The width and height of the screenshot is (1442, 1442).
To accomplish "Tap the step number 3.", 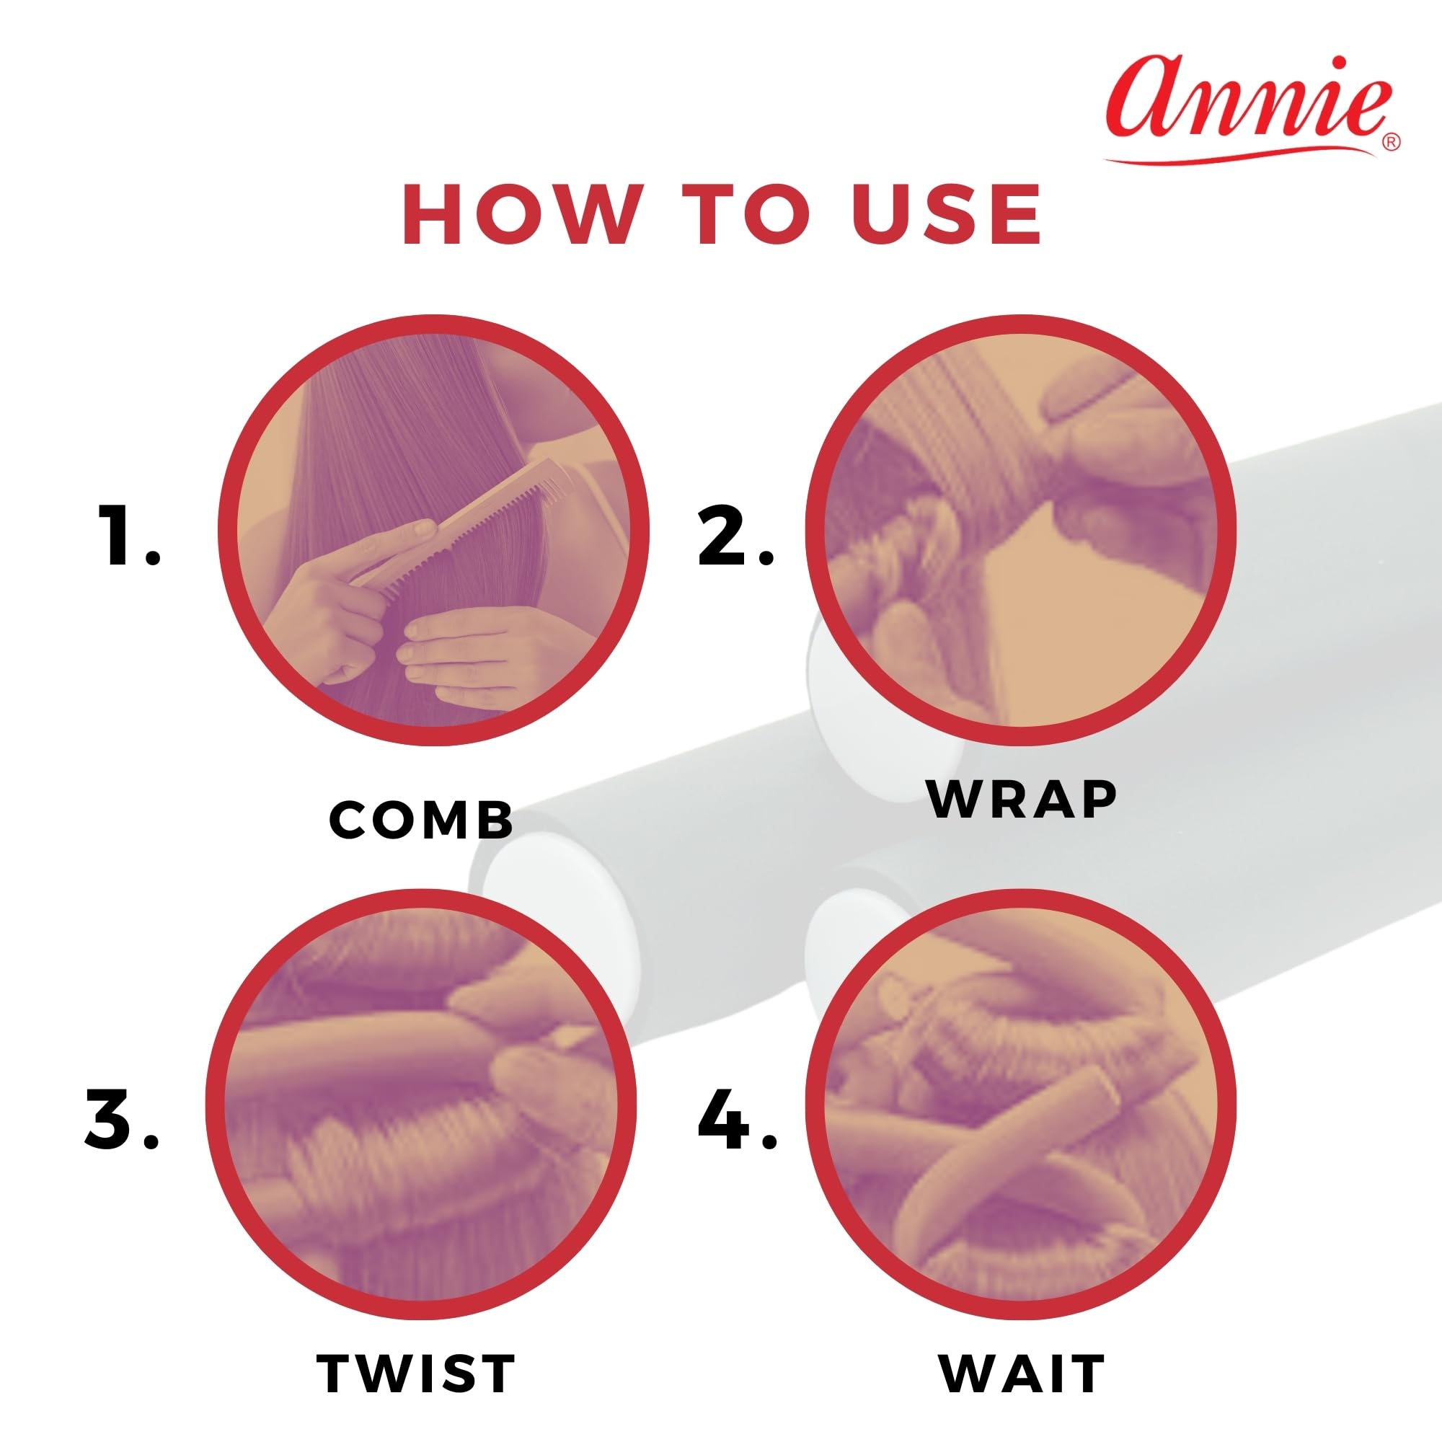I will (x=122, y=1120).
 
